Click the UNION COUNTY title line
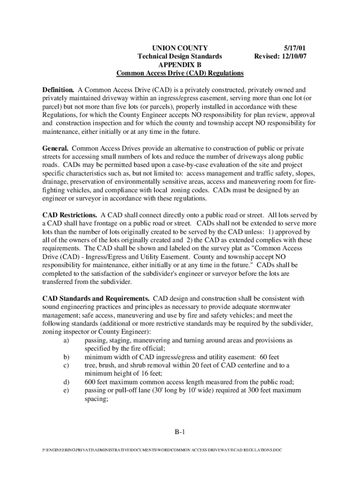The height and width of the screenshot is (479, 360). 180,48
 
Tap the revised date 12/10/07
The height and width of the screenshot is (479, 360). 295,56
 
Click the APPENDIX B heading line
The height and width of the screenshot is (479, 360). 180,65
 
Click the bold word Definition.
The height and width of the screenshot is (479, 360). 58,89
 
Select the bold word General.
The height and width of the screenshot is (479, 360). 55,148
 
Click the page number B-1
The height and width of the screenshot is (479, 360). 180,433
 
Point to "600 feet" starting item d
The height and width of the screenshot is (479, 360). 96,382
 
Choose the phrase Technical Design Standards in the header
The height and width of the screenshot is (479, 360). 180,56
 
